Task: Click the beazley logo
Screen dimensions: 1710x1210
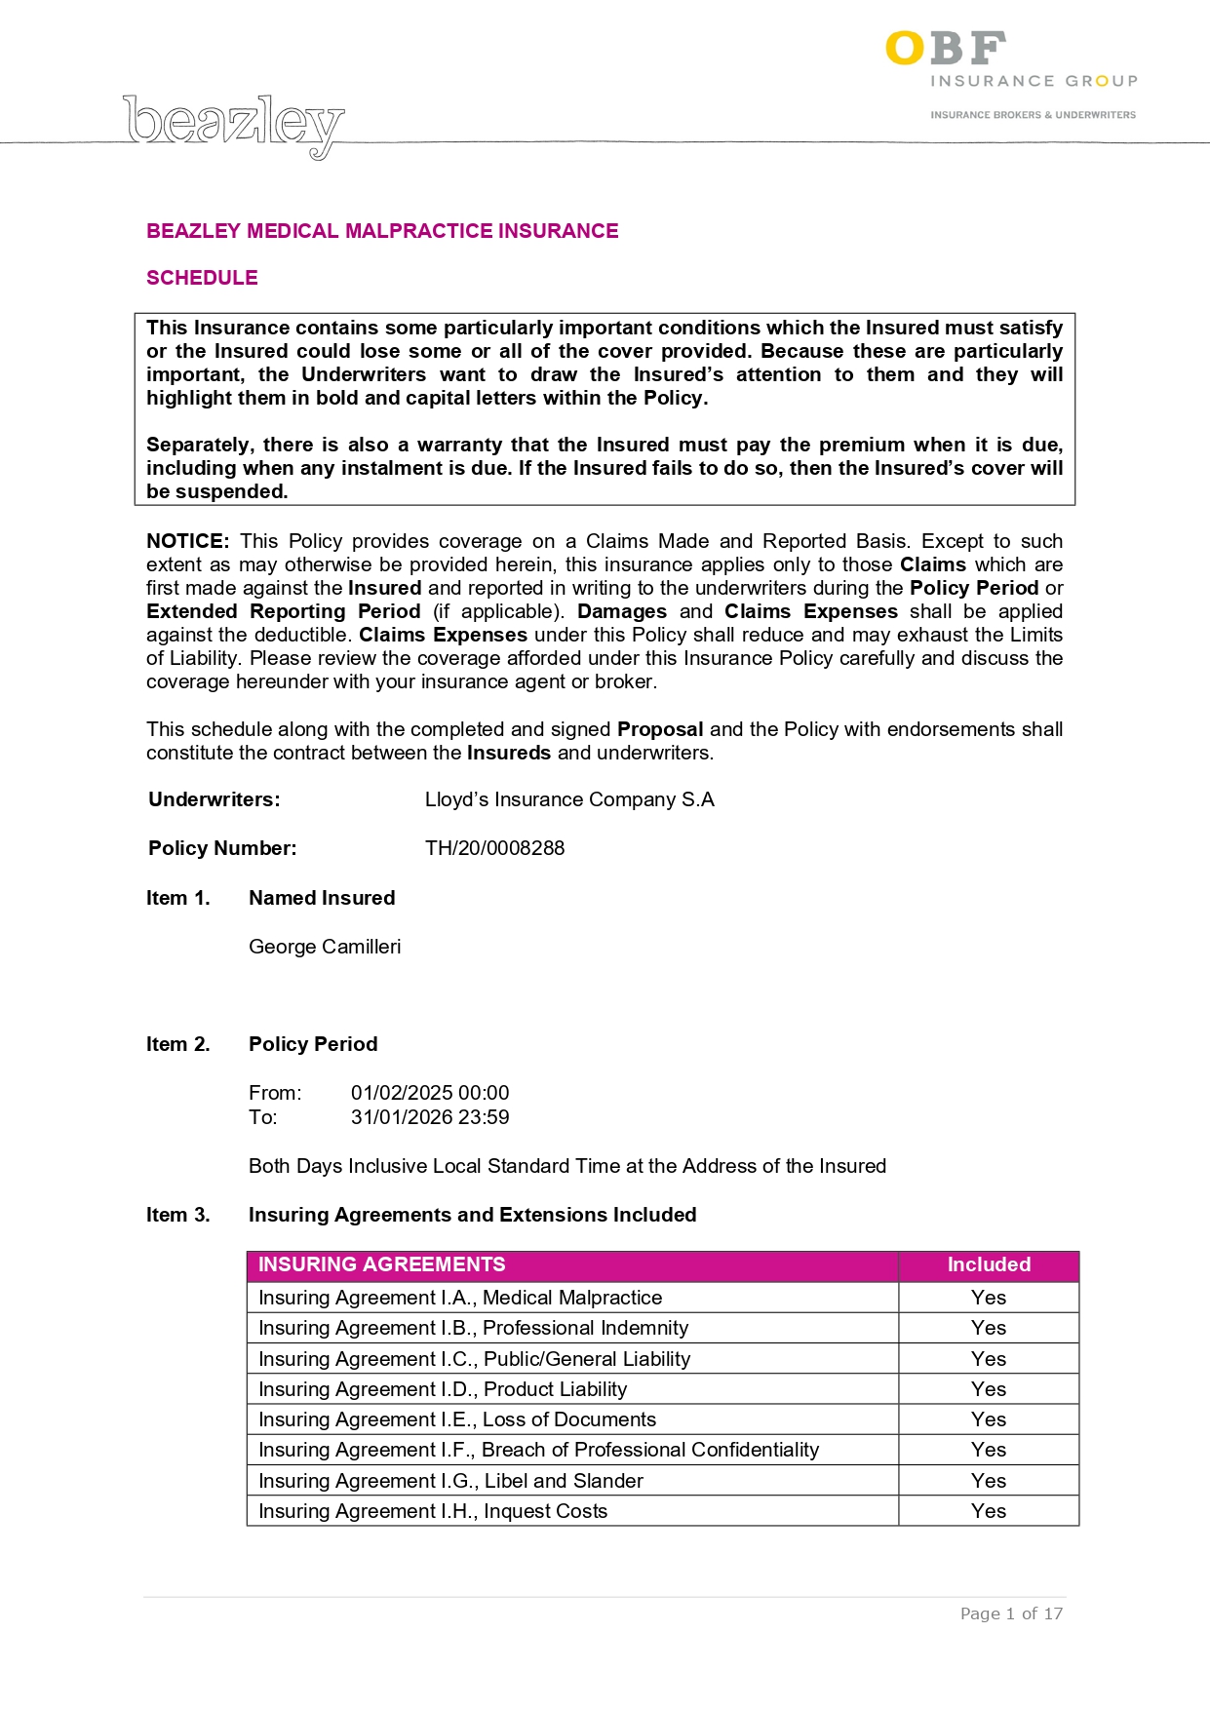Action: tap(234, 124)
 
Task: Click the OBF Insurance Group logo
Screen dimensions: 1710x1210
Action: tap(1010, 73)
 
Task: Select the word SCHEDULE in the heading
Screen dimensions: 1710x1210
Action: tap(202, 278)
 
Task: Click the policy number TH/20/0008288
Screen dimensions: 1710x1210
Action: tap(494, 848)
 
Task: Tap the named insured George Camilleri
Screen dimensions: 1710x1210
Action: tap(325, 947)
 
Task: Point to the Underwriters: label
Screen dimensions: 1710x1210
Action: tap(215, 799)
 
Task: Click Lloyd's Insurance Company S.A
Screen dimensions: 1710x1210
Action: tap(569, 799)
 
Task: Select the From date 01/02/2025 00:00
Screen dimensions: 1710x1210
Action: tap(430, 1093)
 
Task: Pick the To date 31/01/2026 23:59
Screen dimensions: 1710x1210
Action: tap(430, 1117)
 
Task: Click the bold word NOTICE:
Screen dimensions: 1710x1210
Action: tap(187, 541)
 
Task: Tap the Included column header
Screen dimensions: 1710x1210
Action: tap(989, 1264)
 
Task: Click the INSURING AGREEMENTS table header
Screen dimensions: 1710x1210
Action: tap(381, 1264)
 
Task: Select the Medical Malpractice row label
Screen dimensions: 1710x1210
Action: tap(460, 1298)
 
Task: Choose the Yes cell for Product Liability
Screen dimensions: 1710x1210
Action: tap(989, 1389)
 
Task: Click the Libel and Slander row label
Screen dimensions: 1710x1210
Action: tap(450, 1481)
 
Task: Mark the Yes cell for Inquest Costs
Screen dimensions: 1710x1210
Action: tap(989, 1511)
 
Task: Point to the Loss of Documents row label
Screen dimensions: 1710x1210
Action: tap(457, 1419)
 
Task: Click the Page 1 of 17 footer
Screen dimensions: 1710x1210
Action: tap(1011, 1613)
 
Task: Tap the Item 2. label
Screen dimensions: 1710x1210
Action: tap(178, 1044)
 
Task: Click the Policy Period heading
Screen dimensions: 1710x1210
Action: tap(313, 1044)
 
